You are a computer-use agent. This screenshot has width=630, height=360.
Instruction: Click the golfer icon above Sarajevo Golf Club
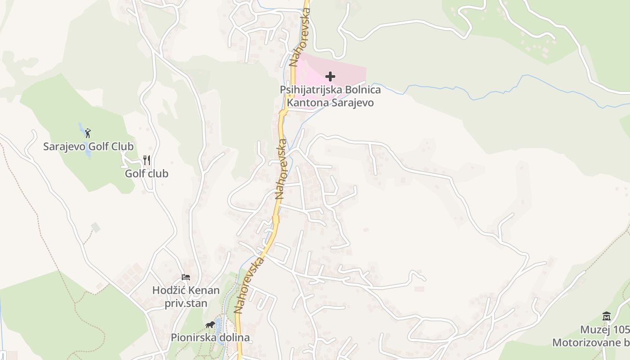point(88,133)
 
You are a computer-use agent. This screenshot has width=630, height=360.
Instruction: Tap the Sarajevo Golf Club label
point(88,146)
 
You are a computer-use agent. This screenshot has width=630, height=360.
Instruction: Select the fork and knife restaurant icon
point(147,160)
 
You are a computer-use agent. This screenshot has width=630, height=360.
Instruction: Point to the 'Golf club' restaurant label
point(147,173)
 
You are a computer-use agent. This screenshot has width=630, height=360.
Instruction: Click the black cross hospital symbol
point(330,76)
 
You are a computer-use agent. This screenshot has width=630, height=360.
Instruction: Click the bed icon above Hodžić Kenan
point(186,277)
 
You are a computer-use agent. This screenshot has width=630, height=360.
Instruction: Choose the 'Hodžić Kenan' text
point(186,290)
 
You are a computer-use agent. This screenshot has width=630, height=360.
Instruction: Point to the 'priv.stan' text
point(186,303)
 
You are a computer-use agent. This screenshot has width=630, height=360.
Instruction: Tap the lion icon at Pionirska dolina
point(210,324)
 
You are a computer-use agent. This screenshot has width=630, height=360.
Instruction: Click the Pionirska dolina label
point(210,337)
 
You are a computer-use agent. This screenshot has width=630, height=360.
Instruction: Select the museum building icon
point(607,316)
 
